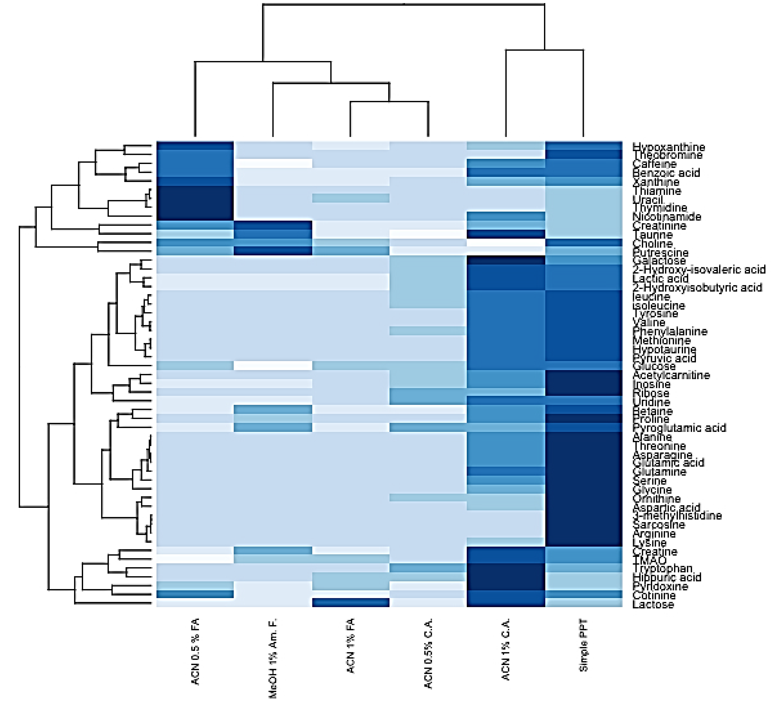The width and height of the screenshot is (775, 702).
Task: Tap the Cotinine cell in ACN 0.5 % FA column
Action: (x=195, y=594)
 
